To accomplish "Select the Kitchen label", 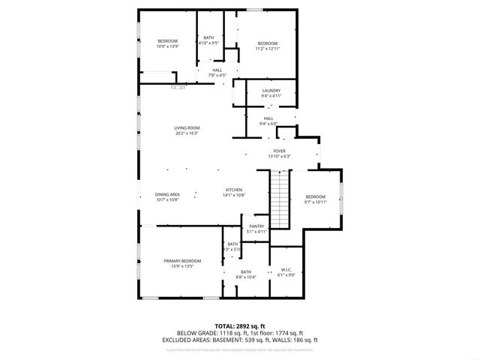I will point(234,190).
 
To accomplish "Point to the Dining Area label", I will point(167,194).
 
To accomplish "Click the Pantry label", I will point(256,226).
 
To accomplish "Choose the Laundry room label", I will point(271,91).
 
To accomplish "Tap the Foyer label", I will point(279,151).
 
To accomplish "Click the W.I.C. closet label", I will point(286,269).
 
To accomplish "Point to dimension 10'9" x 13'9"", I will point(167,46).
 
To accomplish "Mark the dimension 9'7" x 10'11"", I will point(315,202).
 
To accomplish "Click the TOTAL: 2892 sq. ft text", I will point(239,325).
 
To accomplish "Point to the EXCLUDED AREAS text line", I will point(239,340).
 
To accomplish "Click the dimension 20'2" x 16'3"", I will point(187,133).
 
